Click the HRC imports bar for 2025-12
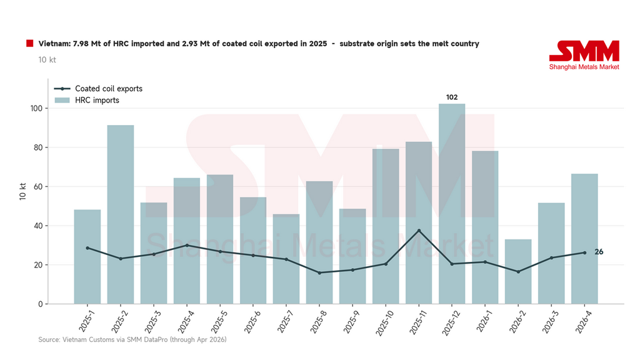452,204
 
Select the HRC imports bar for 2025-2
121,214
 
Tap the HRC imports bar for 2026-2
518,271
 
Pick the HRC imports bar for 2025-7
286,259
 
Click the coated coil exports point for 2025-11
419,231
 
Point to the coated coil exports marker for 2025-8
319,272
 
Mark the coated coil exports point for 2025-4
187,245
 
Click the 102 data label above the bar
452,97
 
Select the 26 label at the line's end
599,252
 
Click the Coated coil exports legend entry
98,89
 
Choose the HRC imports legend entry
87,101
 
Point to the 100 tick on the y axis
36,109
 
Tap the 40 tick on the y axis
38,226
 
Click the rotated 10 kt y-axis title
23,191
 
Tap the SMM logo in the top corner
584,55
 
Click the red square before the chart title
30,43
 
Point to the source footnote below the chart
132,339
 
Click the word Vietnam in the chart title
55,44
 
